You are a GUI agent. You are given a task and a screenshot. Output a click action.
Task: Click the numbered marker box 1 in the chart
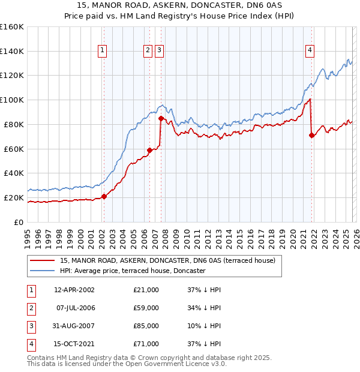point(103,51)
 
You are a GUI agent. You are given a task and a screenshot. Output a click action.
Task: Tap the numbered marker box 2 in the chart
point(148,51)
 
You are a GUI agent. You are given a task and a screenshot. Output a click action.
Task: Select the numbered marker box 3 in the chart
point(159,51)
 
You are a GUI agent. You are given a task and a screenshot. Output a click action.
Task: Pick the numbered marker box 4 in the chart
point(310,51)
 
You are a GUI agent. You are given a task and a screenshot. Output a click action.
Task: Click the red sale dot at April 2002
point(104,196)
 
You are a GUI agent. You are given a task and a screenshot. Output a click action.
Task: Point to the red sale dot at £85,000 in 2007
point(161,118)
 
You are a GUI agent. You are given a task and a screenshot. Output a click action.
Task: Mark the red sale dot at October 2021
point(311,135)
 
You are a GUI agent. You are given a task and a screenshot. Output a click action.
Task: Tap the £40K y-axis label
point(14,173)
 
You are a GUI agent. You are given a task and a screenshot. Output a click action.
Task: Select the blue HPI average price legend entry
point(133,271)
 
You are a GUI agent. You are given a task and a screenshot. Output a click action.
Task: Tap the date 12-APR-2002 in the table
point(74,290)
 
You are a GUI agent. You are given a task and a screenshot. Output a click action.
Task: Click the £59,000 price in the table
point(146,308)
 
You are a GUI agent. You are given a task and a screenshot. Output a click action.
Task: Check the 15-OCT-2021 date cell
point(74,344)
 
